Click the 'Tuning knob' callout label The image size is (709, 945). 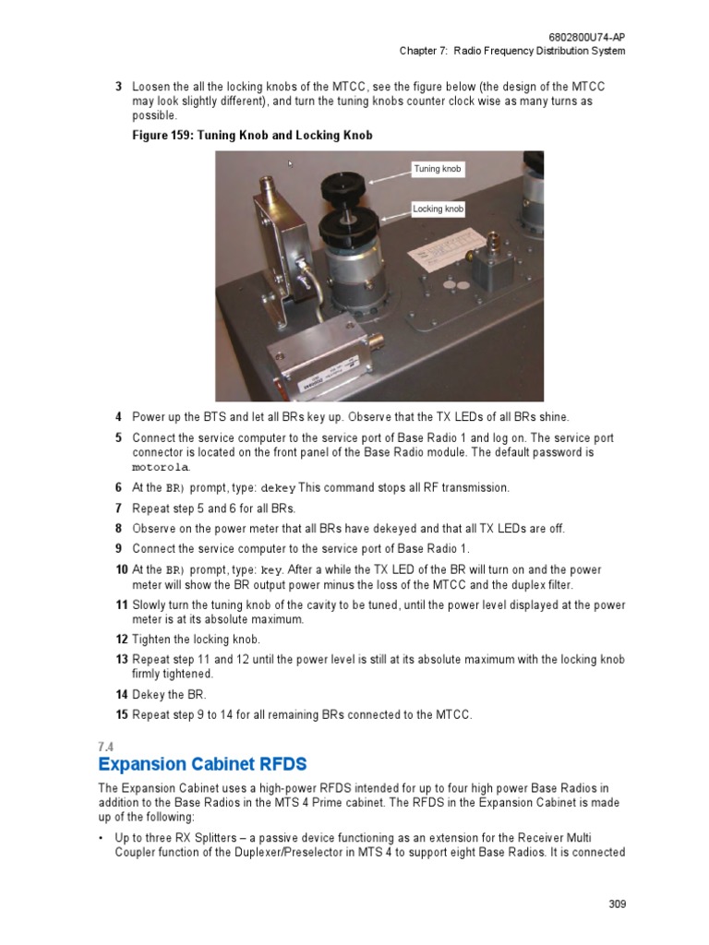(x=437, y=169)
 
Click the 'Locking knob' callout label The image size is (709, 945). (x=438, y=209)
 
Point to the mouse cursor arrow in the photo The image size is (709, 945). (x=291, y=164)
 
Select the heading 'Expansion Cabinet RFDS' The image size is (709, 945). (x=202, y=764)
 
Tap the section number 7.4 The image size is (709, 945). (x=104, y=746)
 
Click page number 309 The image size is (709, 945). (x=617, y=904)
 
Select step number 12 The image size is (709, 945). (x=120, y=640)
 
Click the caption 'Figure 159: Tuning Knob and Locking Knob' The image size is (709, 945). (x=252, y=136)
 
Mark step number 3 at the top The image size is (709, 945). (x=119, y=87)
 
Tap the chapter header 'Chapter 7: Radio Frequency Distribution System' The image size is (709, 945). (x=511, y=51)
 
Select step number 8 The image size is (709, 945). (x=119, y=529)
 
